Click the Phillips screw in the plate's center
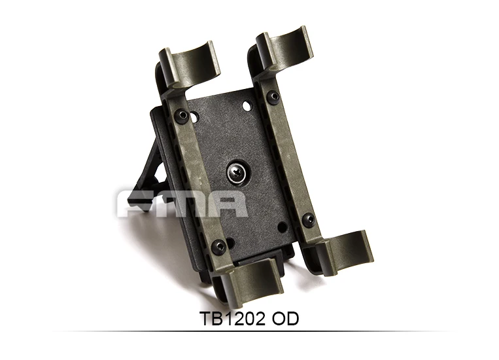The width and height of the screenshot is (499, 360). [237, 174]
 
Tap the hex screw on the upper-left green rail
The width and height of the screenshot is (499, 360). [182, 115]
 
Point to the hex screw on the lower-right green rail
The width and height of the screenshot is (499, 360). [308, 219]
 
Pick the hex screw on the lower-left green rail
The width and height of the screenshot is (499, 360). [219, 246]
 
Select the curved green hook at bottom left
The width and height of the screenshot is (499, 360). [254, 281]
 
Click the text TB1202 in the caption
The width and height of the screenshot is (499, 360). [232, 319]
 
